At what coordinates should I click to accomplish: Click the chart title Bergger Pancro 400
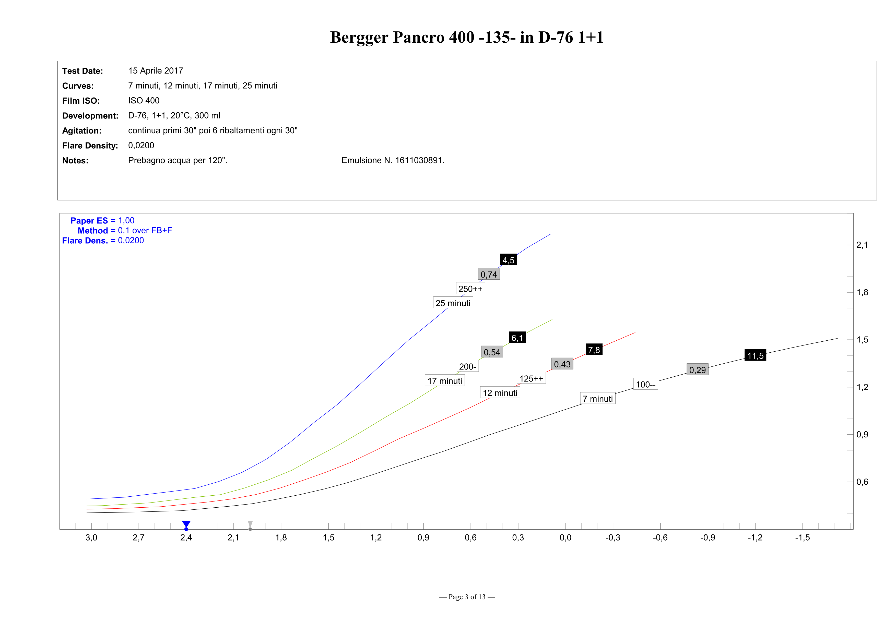coord(467,38)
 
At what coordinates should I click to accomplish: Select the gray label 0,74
coord(489,274)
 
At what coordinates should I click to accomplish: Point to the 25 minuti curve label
coord(453,303)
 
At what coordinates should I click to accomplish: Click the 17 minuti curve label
coord(444,381)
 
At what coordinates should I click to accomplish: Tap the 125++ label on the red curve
coord(531,379)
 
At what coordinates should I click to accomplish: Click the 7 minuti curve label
coord(597,399)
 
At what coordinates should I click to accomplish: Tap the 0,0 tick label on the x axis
coord(565,538)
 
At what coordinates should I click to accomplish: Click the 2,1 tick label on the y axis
coord(862,245)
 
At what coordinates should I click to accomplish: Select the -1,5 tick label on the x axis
coord(802,538)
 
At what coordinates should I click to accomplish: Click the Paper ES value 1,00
coord(126,220)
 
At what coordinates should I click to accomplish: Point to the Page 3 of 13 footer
coord(467,597)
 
